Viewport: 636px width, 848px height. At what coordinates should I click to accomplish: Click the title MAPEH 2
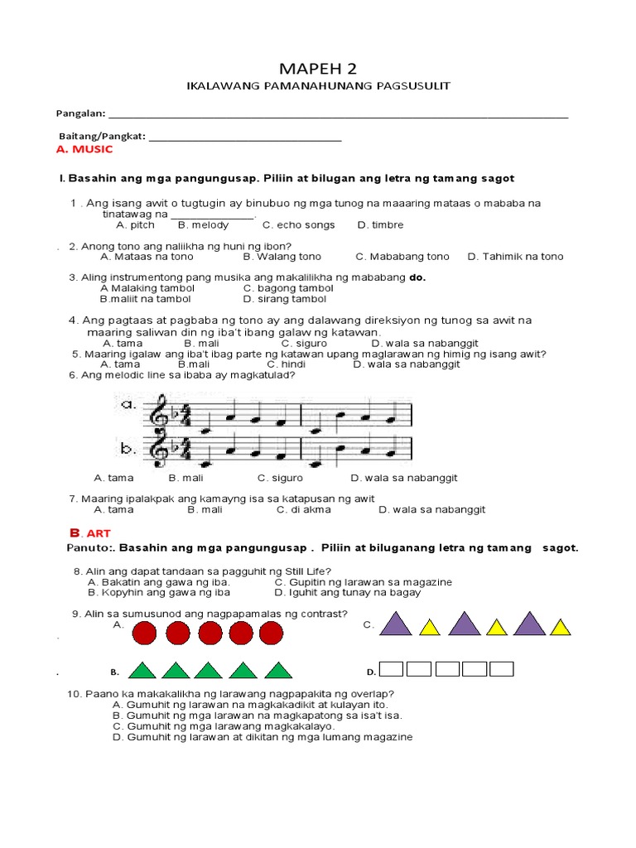[x=318, y=68]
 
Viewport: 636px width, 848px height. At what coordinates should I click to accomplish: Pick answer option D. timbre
[x=380, y=224]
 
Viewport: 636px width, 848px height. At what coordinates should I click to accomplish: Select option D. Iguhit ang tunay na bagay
[x=348, y=592]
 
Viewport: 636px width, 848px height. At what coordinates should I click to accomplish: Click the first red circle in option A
[x=146, y=634]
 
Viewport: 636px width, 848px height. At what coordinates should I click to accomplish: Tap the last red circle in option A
[x=271, y=634]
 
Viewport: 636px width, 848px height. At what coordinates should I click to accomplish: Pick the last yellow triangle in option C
[x=561, y=628]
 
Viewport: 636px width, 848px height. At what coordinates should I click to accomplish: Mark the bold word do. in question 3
[x=417, y=277]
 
